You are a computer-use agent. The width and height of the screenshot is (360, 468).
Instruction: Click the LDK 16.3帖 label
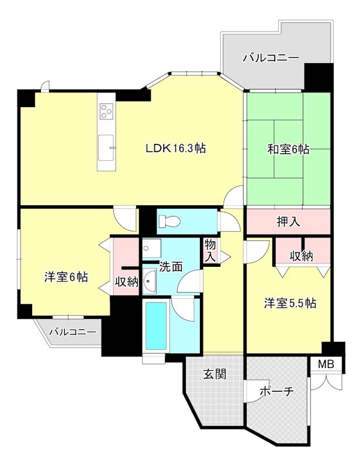tap(175, 149)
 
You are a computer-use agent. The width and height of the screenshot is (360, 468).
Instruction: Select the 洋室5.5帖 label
tap(290, 303)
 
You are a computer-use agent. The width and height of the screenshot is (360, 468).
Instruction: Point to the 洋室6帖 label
tap(66, 277)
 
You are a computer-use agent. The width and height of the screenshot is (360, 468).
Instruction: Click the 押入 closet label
tap(288, 222)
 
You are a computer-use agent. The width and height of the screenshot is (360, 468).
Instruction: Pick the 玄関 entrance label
tap(214, 373)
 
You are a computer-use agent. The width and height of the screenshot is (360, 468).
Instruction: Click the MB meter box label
tap(326, 364)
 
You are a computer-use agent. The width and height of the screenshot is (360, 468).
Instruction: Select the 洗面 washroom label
tap(171, 266)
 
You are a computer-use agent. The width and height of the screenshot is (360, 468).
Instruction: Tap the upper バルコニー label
tap(271, 58)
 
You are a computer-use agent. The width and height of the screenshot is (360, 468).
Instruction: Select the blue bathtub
tap(156, 326)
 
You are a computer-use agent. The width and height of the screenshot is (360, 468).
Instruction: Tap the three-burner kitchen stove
tap(106, 111)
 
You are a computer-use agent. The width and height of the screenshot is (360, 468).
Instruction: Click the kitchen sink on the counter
tap(106, 147)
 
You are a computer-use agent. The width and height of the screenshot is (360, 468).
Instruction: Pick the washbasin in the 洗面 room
tap(149, 284)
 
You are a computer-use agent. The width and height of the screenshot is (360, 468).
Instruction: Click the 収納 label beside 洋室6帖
tap(126, 282)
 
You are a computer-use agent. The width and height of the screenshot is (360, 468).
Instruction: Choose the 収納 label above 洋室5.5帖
tap(302, 256)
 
